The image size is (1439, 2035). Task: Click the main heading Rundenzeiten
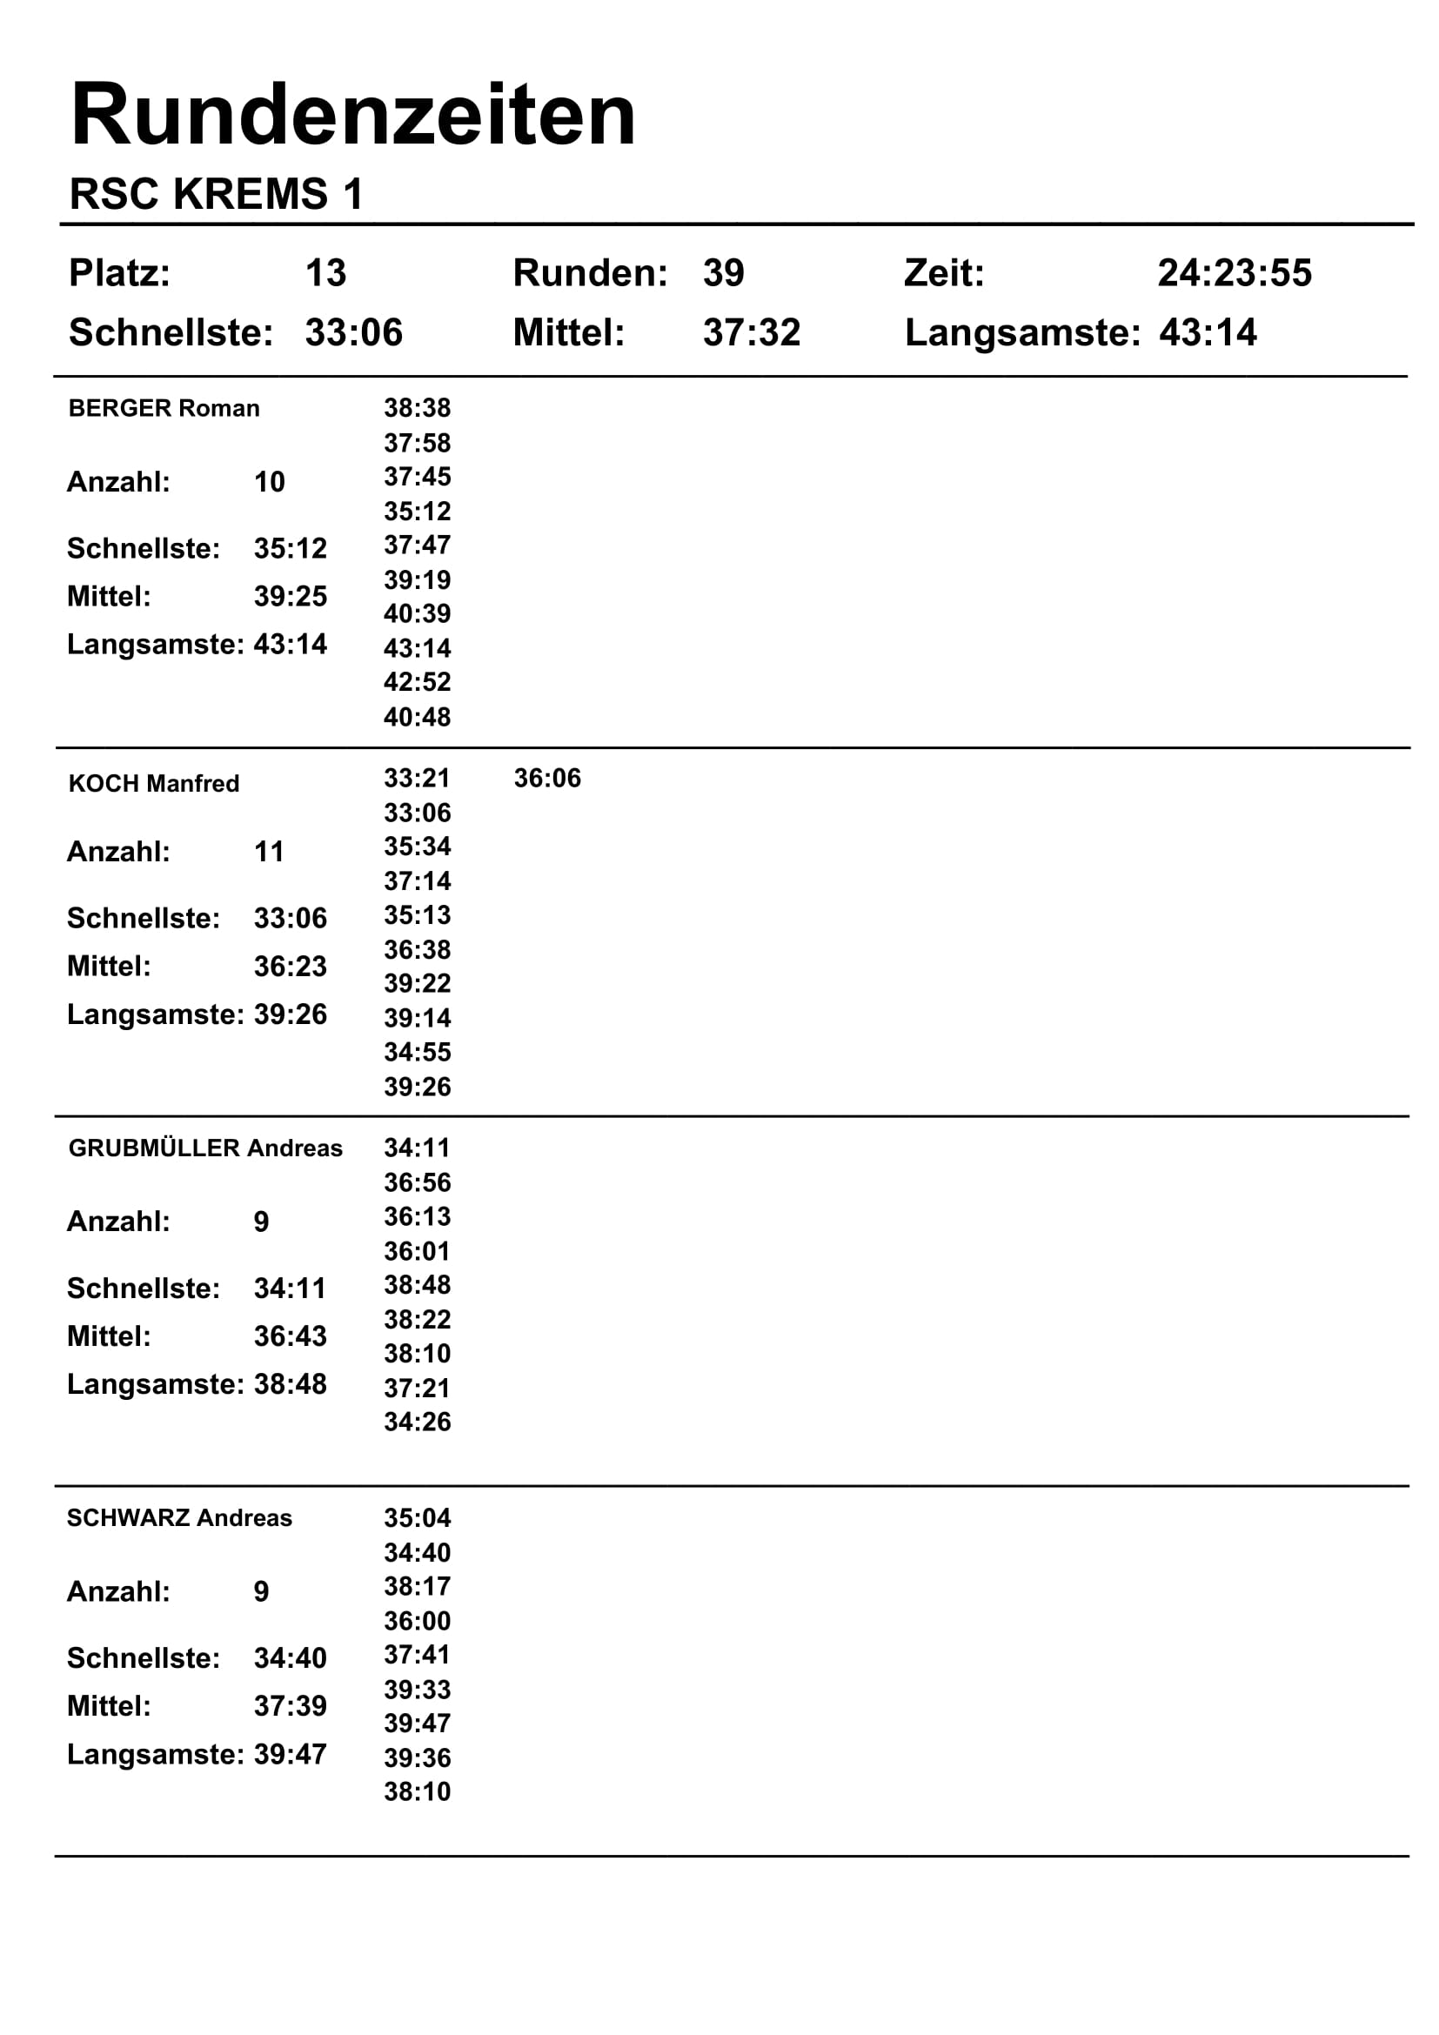[x=352, y=115]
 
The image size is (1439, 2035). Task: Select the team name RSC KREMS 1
[x=217, y=194]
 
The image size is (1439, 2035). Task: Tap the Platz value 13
[x=325, y=273]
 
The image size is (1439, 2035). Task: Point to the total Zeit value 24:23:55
[x=1234, y=273]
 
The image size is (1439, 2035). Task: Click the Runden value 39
[x=723, y=273]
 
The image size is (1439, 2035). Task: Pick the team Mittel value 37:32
[x=752, y=333]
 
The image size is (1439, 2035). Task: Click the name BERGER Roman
[x=164, y=409]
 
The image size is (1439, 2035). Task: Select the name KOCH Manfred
[x=153, y=784]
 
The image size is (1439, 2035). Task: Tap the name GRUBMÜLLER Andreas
[x=204, y=1148]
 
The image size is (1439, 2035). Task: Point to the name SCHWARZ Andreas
[x=179, y=1517]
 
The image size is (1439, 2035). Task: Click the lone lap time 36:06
[x=546, y=778]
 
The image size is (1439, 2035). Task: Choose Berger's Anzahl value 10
[x=270, y=482]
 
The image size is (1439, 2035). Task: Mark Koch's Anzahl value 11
[x=270, y=852]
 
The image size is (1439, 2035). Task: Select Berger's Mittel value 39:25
[x=290, y=597]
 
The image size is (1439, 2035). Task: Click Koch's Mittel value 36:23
[x=290, y=966]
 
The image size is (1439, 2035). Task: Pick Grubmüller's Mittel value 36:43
[x=290, y=1335]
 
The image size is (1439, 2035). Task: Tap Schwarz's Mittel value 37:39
[x=290, y=1705]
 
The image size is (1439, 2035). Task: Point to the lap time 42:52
[x=417, y=682]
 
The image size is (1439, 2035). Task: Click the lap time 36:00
[x=417, y=1621]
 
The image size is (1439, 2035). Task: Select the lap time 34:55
[x=417, y=1052]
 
